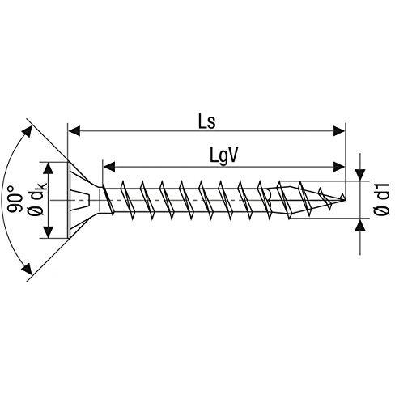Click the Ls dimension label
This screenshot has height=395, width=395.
click(x=207, y=122)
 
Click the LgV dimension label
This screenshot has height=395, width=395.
click(x=224, y=156)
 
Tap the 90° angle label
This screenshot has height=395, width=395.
click(x=15, y=199)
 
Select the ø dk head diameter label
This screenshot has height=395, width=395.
click(x=38, y=199)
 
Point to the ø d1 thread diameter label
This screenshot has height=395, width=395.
click(x=381, y=199)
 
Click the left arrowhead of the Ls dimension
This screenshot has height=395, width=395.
click(x=74, y=131)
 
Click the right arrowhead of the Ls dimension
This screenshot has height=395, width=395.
click(x=339, y=131)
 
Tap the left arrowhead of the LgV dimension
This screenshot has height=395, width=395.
click(x=109, y=167)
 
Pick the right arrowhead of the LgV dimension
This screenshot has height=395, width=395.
click(x=339, y=167)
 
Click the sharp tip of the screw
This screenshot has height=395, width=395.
click(x=346, y=200)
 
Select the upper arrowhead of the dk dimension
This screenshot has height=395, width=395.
click(x=49, y=168)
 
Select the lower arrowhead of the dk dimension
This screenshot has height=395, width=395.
click(x=49, y=232)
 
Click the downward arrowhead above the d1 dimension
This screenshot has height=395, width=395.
click(x=360, y=174)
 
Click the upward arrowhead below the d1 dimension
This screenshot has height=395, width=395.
click(x=360, y=224)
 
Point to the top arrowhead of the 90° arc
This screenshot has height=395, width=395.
click(x=28, y=132)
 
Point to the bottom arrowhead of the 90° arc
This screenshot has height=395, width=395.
click(x=27, y=269)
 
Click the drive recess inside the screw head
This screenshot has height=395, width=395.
click(x=80, y=200)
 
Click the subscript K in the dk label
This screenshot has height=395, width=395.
click(x=44, y=187)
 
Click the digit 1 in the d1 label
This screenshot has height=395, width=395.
click(x=382, y=188)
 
